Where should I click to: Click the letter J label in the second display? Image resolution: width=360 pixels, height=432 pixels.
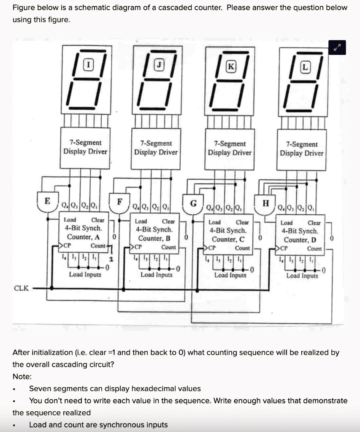pos(159,65)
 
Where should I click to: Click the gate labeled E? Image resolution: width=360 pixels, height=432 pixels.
pos(47,202)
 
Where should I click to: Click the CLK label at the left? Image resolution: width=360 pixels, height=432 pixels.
pos(21,288)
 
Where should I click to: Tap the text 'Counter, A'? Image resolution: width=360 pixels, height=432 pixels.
pos(83,237)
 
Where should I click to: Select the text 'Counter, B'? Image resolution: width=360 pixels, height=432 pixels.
pos(154,238)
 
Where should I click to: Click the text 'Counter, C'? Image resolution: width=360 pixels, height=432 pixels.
pos(228,239)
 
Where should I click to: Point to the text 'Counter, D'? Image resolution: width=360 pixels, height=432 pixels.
pos(300,240)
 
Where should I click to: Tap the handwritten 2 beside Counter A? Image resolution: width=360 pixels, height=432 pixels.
pos(111,258)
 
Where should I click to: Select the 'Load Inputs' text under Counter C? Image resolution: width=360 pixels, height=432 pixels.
pos(230,275)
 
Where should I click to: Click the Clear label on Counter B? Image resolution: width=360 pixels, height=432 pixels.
pos(168,221)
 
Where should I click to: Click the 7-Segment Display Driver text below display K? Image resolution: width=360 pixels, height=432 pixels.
pos(229,148)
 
